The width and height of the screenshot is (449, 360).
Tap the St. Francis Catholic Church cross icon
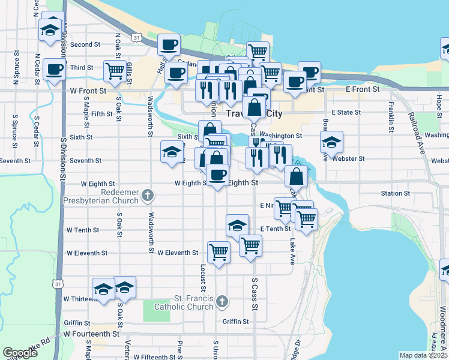click(221, 301)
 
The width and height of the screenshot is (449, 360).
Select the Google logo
click(20, 353)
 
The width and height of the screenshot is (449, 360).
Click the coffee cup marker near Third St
click(55, 70)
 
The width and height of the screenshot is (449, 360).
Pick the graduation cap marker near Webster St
click(331, 142)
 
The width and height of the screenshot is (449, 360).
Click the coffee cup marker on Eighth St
click(217, 175)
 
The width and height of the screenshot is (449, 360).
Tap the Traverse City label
click(253, 113)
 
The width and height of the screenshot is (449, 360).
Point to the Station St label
click(395, 193)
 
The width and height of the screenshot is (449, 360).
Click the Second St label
click(85, 44)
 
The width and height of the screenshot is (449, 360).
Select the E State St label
click(347, 112)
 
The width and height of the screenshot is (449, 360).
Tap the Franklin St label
click(391, 113)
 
